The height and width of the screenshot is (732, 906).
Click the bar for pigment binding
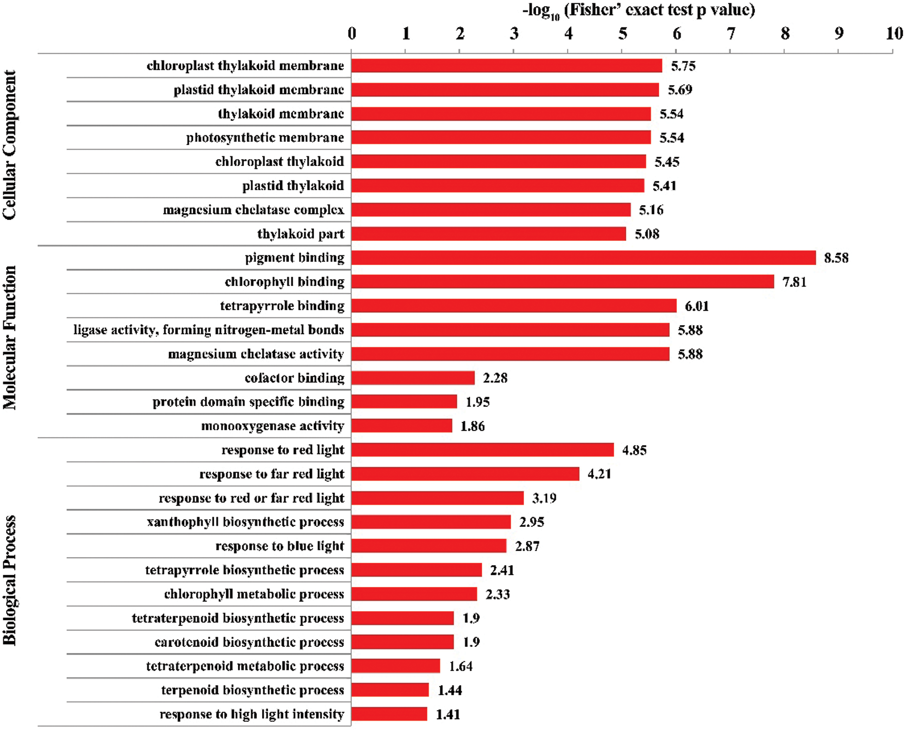point(583,258)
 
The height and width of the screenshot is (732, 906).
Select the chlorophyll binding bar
point(562,282)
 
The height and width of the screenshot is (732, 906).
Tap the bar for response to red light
point(482,450)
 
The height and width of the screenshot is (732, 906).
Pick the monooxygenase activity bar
point(401,426)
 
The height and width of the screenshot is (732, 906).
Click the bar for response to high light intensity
point(389,714)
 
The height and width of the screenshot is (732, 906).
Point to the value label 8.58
point(836,258)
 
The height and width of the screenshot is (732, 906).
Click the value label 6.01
point(696,306)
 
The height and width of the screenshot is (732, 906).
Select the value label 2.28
point(495,378)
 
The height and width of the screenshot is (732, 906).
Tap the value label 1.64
point(460,666)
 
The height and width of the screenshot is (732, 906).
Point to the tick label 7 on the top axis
point(731,33)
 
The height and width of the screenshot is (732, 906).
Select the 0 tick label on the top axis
point(352,33)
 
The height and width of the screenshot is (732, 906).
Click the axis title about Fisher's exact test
point(639,10)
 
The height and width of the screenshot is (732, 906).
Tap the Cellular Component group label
point(9,145)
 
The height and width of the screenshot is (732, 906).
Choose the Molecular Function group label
point(9,337)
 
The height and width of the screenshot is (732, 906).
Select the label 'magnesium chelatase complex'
point(253,210)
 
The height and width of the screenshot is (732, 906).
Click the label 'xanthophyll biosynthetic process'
point(245,522)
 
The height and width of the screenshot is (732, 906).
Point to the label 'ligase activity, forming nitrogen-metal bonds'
point(209,330)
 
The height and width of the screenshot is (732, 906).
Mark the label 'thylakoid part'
point(301,234)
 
